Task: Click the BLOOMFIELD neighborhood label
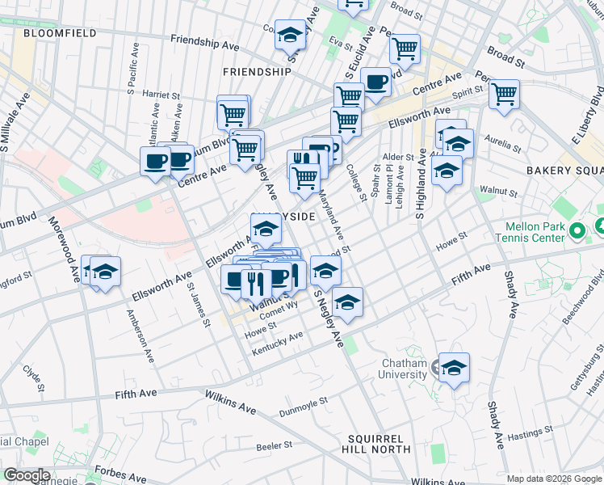(x=60, y=33)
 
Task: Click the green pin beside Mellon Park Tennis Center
(x=577, y=232)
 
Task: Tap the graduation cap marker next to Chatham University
(x=454, y=368)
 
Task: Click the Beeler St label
(x=274, y=446)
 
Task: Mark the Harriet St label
(x=160, y=95)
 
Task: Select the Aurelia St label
(x=501, y=145)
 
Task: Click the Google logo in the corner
(x=26, y=475)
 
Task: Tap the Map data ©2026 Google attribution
(x=554, y=479)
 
